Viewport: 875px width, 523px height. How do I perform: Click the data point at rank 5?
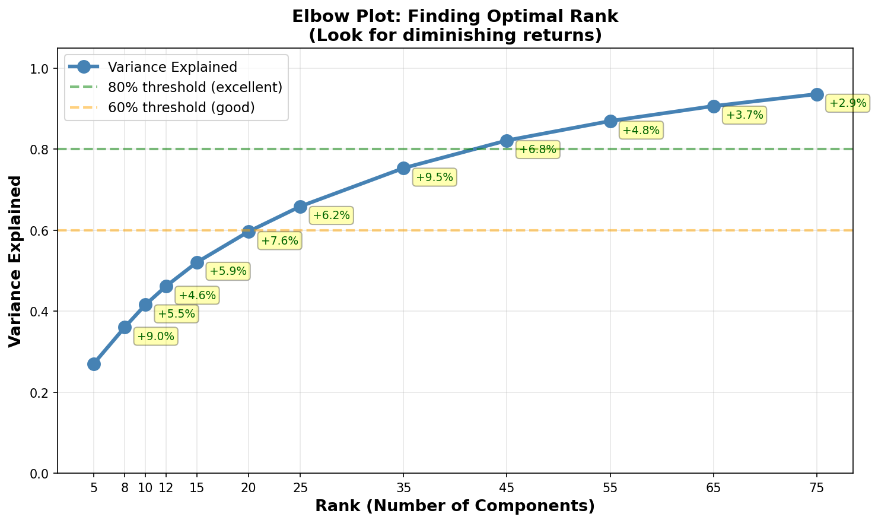pyautogui.click(x=94, y=364)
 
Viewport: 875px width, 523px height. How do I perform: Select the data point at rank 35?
pyautogui.click(x=403, y=168)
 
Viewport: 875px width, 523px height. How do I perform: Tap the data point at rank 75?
pyautogui.click(x=817, y=94)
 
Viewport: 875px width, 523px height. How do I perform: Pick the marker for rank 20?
pyautogui.click(x=249, y=232)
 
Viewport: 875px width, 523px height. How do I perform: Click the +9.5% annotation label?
pyautogui.click(x=435, y=177)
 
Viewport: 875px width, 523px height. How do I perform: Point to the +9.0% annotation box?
pyautogui.click(x=156, y=337)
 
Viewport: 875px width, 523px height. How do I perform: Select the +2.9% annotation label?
pyautogui.click(x=848, y=103)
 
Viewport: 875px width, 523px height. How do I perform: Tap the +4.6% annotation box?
pyautogui.click(x=198, y=295)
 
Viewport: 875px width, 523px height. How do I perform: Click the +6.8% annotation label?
pyautogui.click(x=537, y=150)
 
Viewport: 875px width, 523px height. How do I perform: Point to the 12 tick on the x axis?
pyautogui.click(x=166, y=487)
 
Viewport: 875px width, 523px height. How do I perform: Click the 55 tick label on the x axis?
pyautogui.click(x=610, y=487)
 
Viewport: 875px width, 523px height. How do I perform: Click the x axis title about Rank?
pyautogui.click(x=454, y=506)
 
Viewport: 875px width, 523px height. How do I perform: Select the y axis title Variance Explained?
pyautogui.click(x=15, y=261)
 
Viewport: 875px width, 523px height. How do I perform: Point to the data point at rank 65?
pyautogui.click(x=714, y=106)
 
